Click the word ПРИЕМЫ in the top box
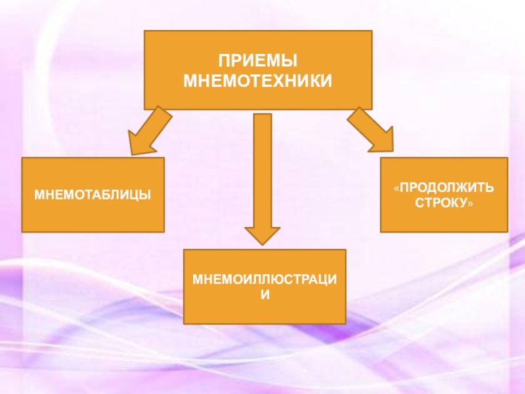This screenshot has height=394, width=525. pyautogui.click(x=258, y=61)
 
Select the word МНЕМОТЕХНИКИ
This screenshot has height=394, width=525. pyautogui.click(x=258, y=81)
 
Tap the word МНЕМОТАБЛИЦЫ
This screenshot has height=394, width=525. pyautogui.click(x=93, y=195)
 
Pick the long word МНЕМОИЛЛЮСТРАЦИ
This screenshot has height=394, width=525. pyautogui.click(x=264, y=280)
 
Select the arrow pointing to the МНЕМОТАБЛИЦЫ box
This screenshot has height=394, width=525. pyautogui.click(x=149, y=131)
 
